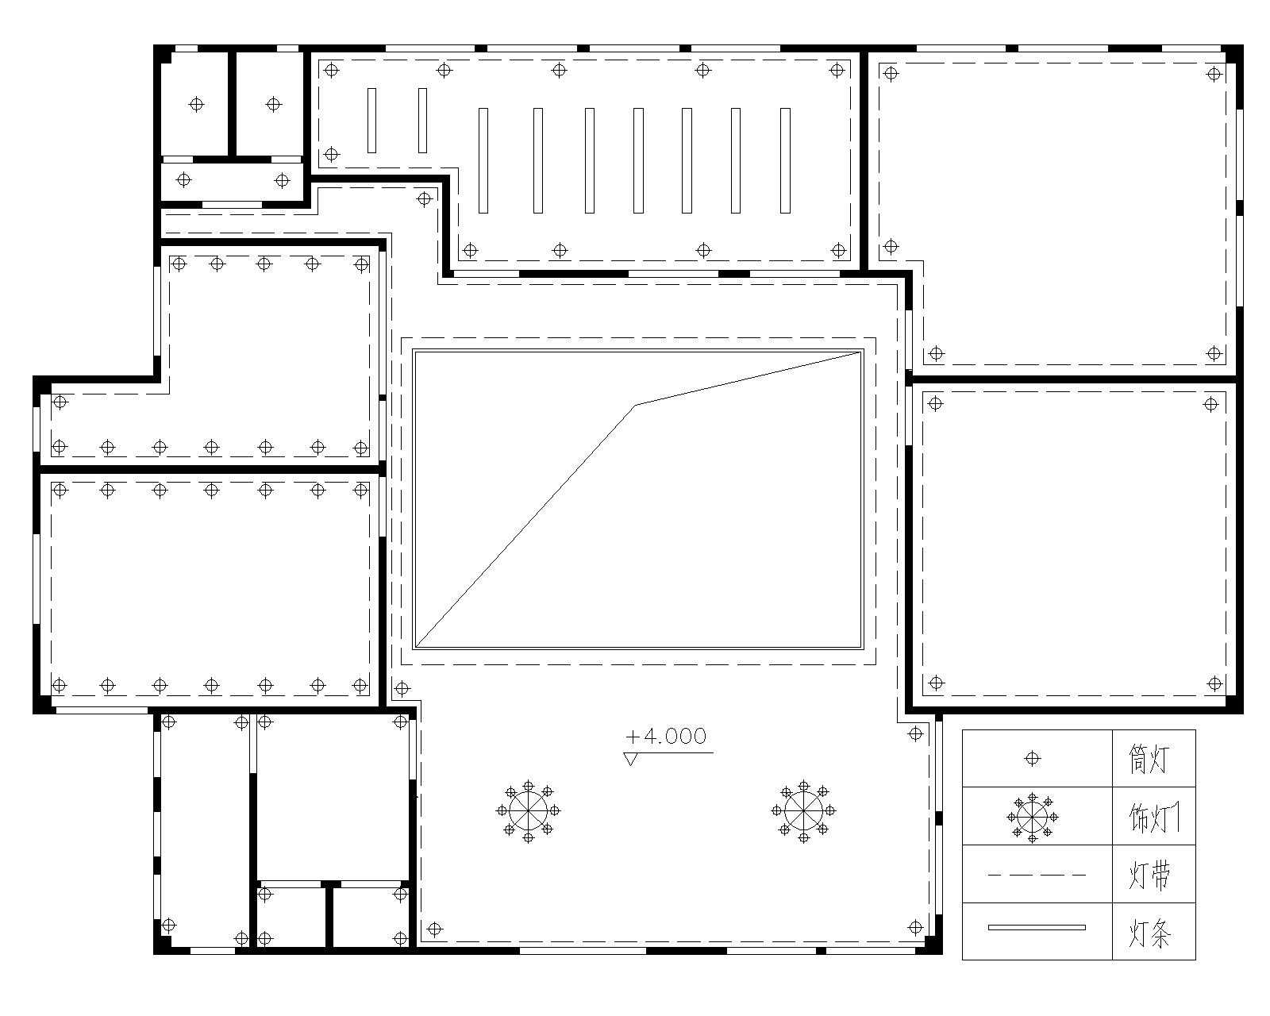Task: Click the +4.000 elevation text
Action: pyautogui.click(x=666, y=736)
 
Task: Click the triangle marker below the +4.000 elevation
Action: pyautogui.click(x=630, y=759)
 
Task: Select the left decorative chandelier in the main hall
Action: pyautogui.click(x=528, y=811)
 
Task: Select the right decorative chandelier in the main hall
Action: pyautogui.click(x=803, y=811)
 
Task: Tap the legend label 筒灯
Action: pyautogui.click(x=1149, y=759)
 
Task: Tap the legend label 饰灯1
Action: pyautogui.click(x=1154, y=818)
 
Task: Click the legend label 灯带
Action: pyautogui.click(x=1149, y=875)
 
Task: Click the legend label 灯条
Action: pyautogui.click(x=1149, y=933)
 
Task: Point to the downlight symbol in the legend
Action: pyautogui.click(x=1032, y=759)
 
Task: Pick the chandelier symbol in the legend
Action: pyautogui.click(x=1032, y=818)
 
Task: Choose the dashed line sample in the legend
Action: pyautogui.click(x=1037, y=875)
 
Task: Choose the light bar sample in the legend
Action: pyautogui.click(x=1037, y=927)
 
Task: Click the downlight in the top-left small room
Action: pyautogui.click(x=196, y=105)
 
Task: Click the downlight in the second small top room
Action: pyautogui.click(x=273, y=105)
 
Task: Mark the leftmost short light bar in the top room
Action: pyautogui.click(x=371, y=121)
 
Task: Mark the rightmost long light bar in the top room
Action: pyautogui.click(x=785, y=160)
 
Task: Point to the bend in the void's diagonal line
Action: pyautogui.click(x=636, y=405)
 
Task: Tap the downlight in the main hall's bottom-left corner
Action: pyautogui.click(x=434, y=929)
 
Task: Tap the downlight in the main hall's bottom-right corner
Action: pyautogui.click(x=915, y=927)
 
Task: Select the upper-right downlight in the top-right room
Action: pyautogui.click(x=1214, y=74)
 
